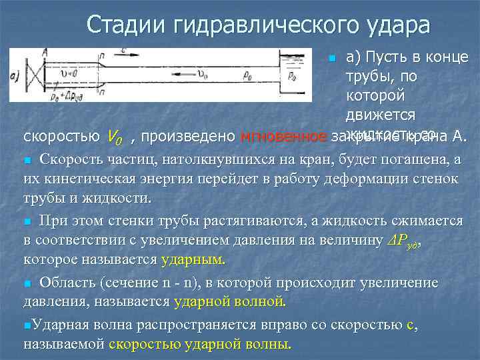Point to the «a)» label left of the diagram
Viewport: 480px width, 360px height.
15,76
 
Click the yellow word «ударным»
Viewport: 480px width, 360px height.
193,258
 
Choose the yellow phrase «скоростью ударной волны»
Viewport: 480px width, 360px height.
200,345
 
